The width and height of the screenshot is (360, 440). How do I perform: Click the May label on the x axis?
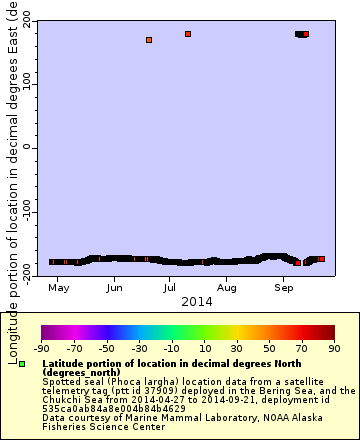tap(58, 288)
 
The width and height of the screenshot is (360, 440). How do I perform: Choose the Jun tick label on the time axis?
tap(115, 288)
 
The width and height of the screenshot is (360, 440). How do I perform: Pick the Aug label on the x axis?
tap(228, 288)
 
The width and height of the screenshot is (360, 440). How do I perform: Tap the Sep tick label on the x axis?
tap(285, 288)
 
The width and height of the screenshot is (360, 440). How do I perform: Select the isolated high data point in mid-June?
tap(149, 40)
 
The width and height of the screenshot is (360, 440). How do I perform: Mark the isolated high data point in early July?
tap(188, 34)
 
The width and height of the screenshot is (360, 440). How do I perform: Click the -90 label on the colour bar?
tap(41, 348)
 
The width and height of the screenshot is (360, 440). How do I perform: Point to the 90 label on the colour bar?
tap(334, 348)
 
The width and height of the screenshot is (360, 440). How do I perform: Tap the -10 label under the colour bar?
tap(171, 348)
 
